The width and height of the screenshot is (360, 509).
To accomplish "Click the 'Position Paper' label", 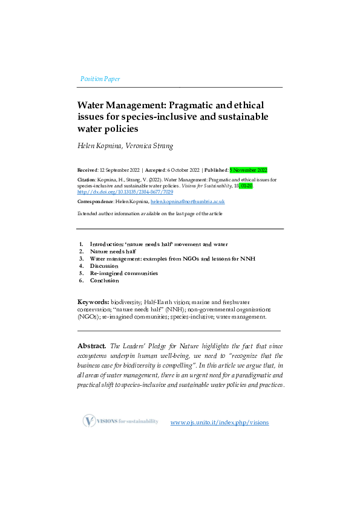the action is pyautogui.click(x=100, y=79).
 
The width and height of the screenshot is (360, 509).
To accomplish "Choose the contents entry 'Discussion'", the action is pyautogui.click(x=104, y=265).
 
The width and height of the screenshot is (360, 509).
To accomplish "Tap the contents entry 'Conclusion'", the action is pyautogui.click(x=105, y=280).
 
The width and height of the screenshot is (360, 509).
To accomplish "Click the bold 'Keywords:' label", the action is pyautogui.click(x=93, y=301).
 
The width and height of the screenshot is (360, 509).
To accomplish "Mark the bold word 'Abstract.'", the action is pyautogui.click(x=92, y=346).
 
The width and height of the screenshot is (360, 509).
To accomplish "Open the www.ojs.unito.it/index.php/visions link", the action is pyautogui.click(x=220, y=422).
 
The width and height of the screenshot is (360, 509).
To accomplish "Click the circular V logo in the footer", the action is pyautogui.click(x=90, y=421).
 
